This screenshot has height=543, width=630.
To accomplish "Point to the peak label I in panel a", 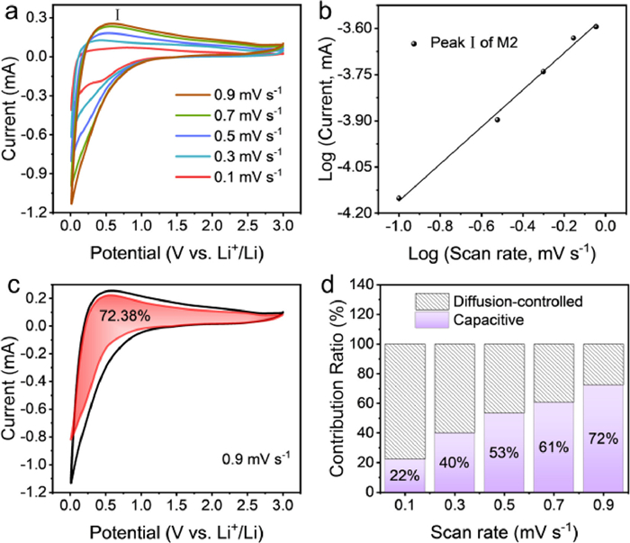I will click(x=114, y=15).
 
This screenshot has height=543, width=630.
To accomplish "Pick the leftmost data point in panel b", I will click(x=399, y=198).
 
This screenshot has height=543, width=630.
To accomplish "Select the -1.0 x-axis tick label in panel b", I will click(x=397, y=224).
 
